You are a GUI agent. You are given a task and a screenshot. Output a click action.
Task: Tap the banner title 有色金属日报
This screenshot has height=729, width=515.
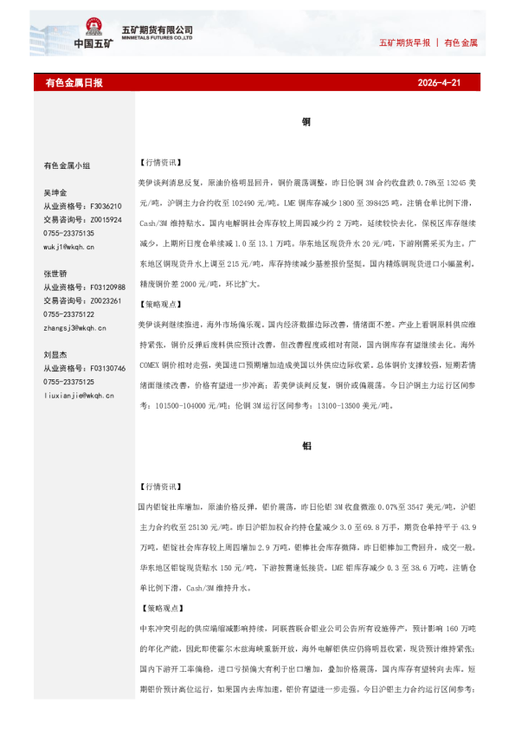coord(74,83)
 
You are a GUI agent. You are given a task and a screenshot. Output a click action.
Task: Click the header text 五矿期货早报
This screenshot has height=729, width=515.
coord(404,42)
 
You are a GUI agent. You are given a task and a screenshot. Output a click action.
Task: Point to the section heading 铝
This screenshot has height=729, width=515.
coord(306,445)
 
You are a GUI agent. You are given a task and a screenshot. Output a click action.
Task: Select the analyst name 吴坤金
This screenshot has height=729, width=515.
coord(55,192)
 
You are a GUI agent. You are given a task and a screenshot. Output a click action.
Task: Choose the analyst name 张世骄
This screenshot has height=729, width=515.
coord(55,273)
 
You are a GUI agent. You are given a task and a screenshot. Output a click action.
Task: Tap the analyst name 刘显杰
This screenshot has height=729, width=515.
coord(55,354)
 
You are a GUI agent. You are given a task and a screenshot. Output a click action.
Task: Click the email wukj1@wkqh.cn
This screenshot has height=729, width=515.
coord(69,247)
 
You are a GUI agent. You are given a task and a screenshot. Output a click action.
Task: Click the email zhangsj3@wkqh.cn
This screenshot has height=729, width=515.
coord(74,328)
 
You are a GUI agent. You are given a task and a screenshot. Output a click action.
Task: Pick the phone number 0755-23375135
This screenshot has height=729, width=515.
coord(68,233)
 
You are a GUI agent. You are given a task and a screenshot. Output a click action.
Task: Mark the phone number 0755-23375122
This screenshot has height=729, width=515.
coord(68,314)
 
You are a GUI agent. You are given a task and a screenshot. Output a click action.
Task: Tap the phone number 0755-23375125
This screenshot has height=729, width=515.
coord(68,382)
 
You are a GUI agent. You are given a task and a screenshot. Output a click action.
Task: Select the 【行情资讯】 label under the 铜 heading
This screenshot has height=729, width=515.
coord(159,162)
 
